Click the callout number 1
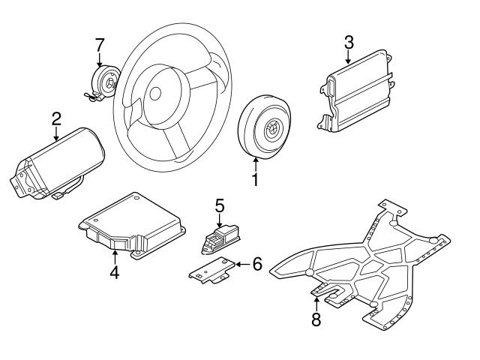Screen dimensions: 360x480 (255, 180)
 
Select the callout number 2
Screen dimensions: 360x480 (56, 118)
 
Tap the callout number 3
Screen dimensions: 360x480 (349, 42)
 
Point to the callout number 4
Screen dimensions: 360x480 (114, 272)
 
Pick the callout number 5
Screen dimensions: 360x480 (220, 205)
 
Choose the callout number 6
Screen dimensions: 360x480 (256, 264)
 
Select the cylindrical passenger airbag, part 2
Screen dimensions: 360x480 (60, 161)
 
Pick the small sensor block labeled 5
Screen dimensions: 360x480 (218, 238)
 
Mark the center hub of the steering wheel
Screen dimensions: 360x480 (155, 93)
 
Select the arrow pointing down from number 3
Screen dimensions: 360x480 (349, 58)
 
